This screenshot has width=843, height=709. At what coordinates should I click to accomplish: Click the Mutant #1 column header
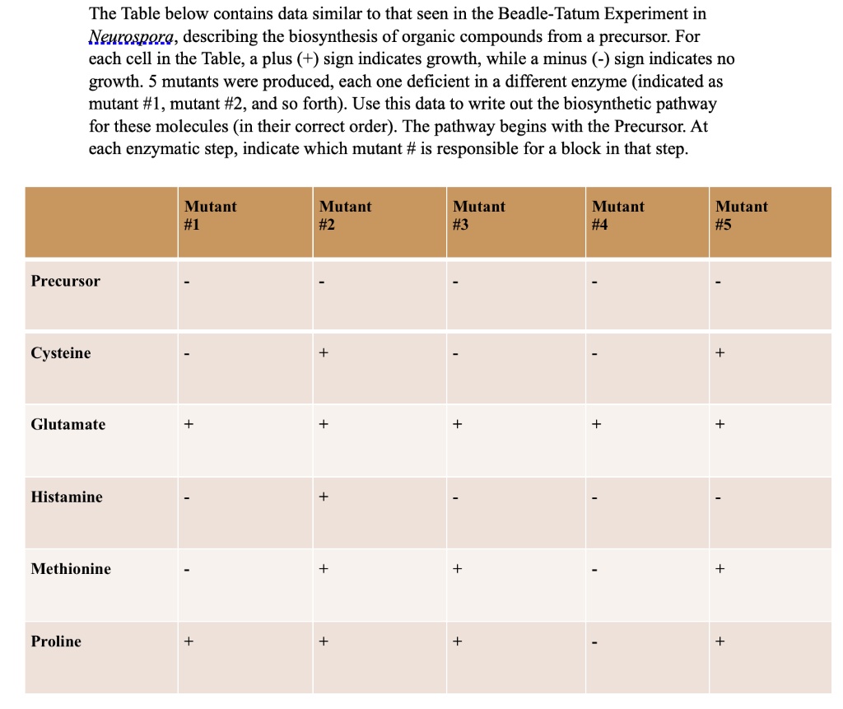pyautogui.click(x=210, y=216)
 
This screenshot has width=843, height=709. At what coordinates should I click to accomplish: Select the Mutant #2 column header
pyautogui.click(x=345, y=216)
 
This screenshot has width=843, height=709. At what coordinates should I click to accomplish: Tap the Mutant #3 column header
pyautogui.click(x=479, y=216)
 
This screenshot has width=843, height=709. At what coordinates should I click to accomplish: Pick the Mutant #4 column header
pyautogui.click(x=618, y=216)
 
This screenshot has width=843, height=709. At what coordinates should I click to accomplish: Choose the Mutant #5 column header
pyautogui.click(x=741, y=216)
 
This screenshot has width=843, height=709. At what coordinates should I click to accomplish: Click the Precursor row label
pyautogui.click(x=66, y=281)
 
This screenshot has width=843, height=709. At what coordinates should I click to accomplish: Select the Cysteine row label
pyautogui.click(x=61, y=353)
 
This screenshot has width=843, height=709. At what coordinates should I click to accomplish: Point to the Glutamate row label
pyautogui.click(x=68, y=425)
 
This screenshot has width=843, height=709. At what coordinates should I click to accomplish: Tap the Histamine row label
pyautogui.click(x=67, y=497)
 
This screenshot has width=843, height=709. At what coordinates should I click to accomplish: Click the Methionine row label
pyautogui.click(x=71, y=569)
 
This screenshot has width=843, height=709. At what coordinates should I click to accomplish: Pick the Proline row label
pyautogui.click(x=56, y=641)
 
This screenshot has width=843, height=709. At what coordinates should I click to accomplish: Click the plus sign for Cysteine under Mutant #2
pyautogui.click(x=324, y=353)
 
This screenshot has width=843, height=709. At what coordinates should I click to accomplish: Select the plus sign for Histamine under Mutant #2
pyautogui.click(x=324, y=497)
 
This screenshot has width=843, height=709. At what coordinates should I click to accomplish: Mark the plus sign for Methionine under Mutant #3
pyautogui.click(x=458, y=569)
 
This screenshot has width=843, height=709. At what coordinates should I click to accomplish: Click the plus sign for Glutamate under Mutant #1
pyautogui.click(x=189, y=425)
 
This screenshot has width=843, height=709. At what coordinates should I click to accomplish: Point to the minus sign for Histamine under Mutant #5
pyautogui.click(x=720, y=498)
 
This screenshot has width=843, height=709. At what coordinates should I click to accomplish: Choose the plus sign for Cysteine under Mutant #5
pyautogui.click(x=720, y=353)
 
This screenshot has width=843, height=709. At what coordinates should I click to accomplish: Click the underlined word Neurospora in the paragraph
pyautogui.click(x=131, y=38)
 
